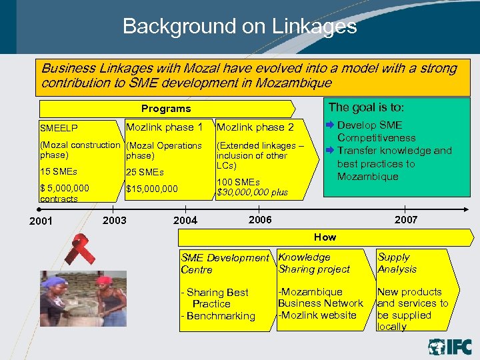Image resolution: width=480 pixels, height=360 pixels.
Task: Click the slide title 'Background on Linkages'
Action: point(239,27)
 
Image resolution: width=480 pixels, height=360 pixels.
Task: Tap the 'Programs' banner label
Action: point(166,109)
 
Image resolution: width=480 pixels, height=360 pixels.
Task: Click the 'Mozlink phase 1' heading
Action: point(164,127)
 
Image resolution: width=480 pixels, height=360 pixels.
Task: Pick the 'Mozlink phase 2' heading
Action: point(255,127)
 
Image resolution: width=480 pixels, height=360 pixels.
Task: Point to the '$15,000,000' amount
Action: point(152,189)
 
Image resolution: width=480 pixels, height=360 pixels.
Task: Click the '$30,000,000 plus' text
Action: point(253,192)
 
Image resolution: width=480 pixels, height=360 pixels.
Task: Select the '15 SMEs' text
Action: point(59,172)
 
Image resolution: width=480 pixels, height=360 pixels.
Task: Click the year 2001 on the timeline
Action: point(41,221)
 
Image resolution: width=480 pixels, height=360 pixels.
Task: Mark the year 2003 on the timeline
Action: point(115,220)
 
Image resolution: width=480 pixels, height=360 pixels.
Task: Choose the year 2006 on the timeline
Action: point(260,220)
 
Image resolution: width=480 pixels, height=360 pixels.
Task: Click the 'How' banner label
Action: point(325,237)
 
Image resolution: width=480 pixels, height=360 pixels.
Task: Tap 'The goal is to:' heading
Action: point(366,107)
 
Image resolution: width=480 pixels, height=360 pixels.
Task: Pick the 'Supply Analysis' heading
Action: point(397,263)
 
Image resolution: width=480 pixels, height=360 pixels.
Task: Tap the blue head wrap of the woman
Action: point(54,281)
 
